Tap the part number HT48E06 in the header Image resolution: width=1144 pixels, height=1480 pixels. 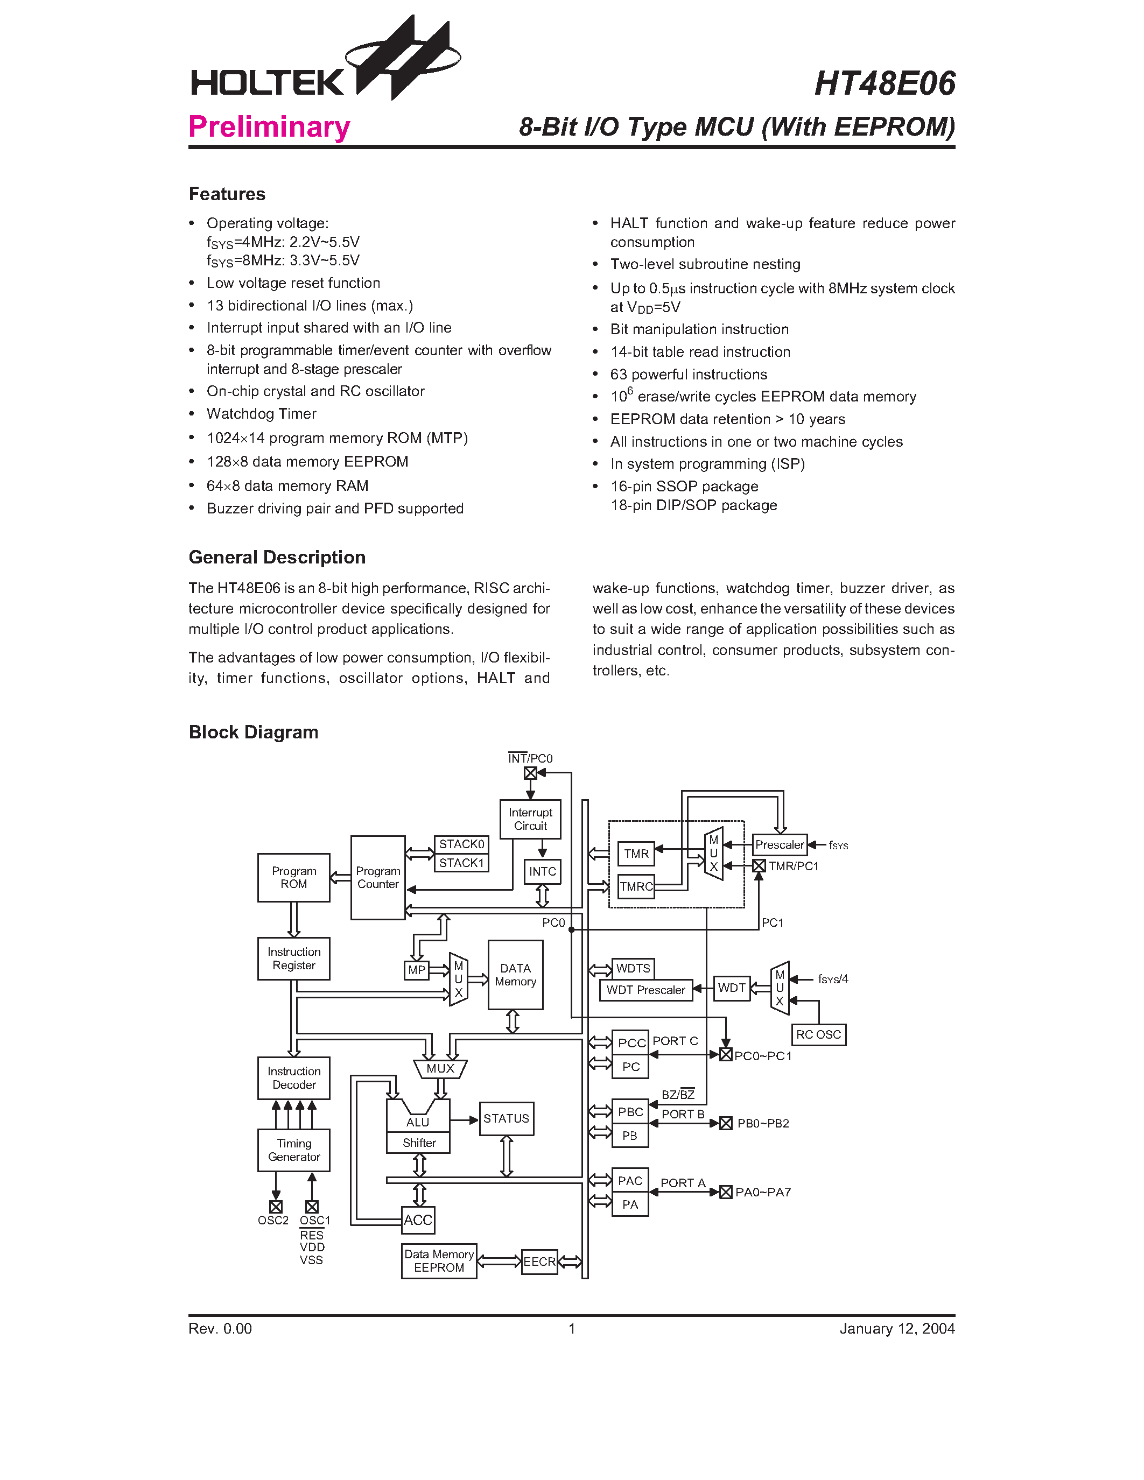pyautogui.click(x=885, y=84)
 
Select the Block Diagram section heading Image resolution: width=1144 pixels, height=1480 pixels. pyautogui.click(x=254, y=732)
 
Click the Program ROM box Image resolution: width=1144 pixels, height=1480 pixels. pyautogui.click(x=293, y=878)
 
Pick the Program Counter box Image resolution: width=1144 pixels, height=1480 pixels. pyautogui.click(x=377, y=878)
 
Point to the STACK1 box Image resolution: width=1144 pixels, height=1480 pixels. pyautogui.click(x=461, y=863)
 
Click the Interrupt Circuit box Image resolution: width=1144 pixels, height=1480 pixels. pyautogui.click(x=530, y=819)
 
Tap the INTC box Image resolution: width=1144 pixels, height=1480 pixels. pyautogui.click(x=542, y=871)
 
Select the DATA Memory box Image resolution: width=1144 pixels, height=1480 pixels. pyautogui.click(x=515, y=975)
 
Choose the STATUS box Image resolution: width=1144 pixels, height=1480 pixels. pyautogui.click(x=506, y=1119)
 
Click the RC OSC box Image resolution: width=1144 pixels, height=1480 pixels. pyautogui.click(x=818, y=1035)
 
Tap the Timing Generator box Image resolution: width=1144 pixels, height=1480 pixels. pyautogui.click(x=293, y=1150)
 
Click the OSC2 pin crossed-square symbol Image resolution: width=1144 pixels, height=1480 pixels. pyautogui.click(x=276, y=1207)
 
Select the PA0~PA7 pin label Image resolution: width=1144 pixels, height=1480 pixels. pyautogui.click(x=763, y=1192)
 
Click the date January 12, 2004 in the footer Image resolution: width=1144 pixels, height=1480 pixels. pyautogui.click(x=897, y=1329)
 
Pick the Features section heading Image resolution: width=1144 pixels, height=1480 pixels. pyautogui.click(x=227, y=194)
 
